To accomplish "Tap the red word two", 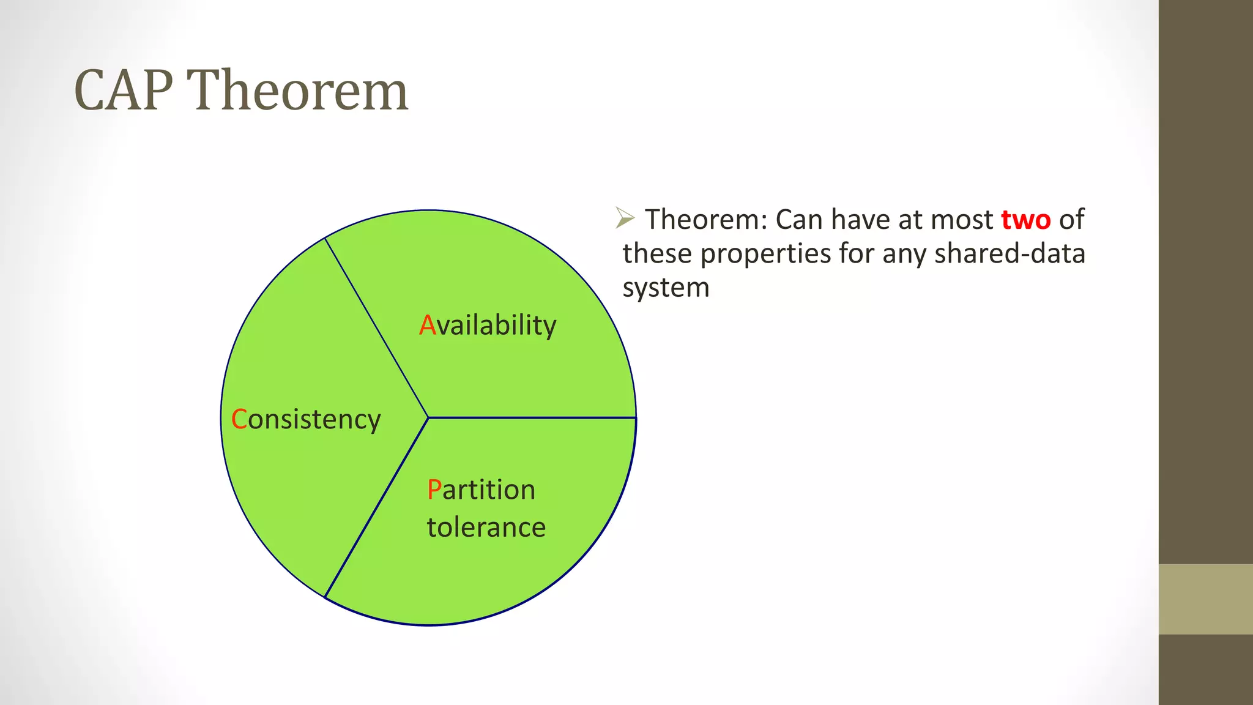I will [1025, 220].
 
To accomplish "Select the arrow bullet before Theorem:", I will [625, 218].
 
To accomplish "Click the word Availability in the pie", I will [488, 325].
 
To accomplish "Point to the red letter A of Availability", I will [427, 325].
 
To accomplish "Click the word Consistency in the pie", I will [306, 420].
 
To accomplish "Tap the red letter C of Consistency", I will [239, 420].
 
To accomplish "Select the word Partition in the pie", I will [481, 490].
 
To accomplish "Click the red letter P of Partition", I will [434, 490].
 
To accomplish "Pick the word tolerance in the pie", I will [486, 528].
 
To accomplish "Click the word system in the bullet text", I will [666, 288].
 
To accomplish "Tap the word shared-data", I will [1009, 253].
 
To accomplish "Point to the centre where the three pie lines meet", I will [428, 418].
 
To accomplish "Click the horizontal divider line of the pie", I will [532, 418].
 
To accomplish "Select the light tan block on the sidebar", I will [1205, 599].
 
